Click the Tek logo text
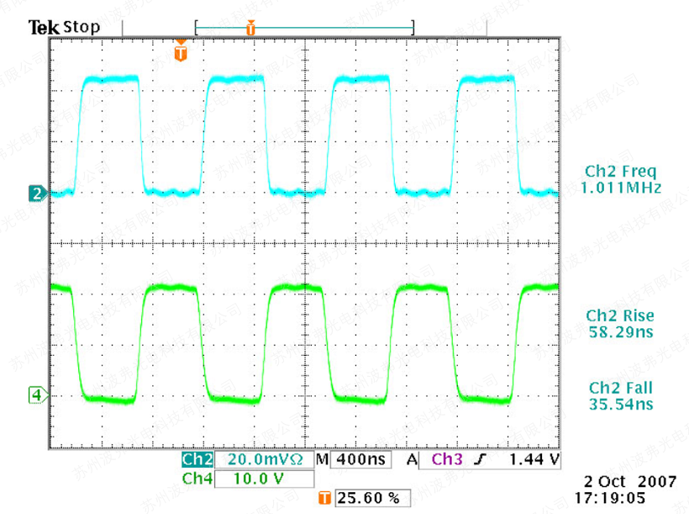[x=44, y=28]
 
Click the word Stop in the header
[x=82, y=27]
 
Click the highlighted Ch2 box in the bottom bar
[x=197, y=460]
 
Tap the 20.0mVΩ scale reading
[x=263, y=460]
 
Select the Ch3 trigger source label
[x=445, y=460]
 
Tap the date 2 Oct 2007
[x=629, y=482]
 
